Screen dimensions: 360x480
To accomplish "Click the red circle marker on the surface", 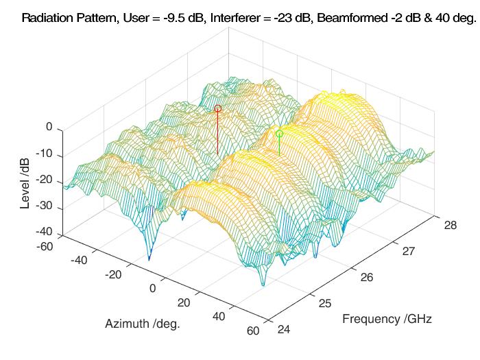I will pyautogui.click(x=218, y=108).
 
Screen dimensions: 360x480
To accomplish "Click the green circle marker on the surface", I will pyautogui.click(x=279, y=134).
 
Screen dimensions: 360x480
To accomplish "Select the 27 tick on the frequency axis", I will pyautogui.click(x=409, y=252).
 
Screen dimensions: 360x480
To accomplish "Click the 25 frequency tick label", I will pyautogui.click(x=325, y=304).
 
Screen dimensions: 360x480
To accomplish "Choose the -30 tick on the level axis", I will pyautogui.click(x=44, y=208).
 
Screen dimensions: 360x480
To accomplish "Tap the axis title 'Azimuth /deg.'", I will pyautogui.click(x=143, y=324).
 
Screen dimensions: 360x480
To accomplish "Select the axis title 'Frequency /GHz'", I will pyautogui.click(x=387, y=319).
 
